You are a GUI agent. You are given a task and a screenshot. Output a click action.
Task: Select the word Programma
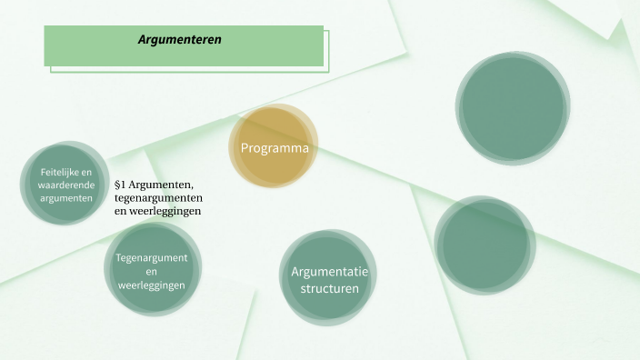pos(275,148)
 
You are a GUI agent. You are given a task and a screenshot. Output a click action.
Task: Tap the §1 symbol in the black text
pos(122,185)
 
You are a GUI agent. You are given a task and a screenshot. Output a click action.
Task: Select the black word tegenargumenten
pos(158,198)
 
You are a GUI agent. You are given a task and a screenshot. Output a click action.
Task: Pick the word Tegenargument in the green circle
pos(152,258)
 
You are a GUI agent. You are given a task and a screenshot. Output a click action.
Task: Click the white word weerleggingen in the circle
pos(152,285)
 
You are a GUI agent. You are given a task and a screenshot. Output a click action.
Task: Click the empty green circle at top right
pos(512,106)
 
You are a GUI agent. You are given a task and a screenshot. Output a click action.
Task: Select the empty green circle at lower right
pos(484,244)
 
